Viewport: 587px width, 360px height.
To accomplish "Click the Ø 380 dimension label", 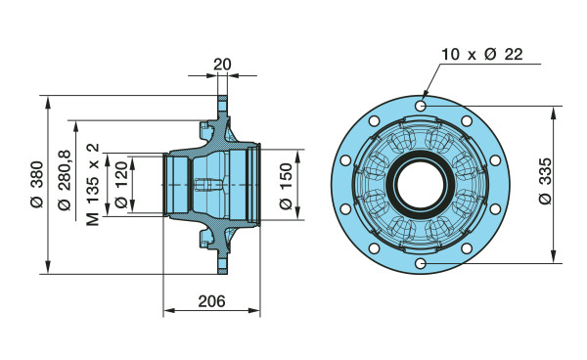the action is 37,184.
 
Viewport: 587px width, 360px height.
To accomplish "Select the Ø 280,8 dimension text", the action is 64,180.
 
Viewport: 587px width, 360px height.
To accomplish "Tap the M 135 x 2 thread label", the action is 93,184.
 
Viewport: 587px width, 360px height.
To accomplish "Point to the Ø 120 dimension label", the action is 121,185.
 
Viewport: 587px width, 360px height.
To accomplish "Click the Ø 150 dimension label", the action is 286,186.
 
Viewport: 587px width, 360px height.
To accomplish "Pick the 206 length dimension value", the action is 212,301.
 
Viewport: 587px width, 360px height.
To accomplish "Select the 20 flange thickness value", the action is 222,65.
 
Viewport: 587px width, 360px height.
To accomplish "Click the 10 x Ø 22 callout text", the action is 482,54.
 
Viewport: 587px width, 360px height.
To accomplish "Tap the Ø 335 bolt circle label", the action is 546,181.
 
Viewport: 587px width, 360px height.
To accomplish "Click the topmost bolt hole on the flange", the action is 421,106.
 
